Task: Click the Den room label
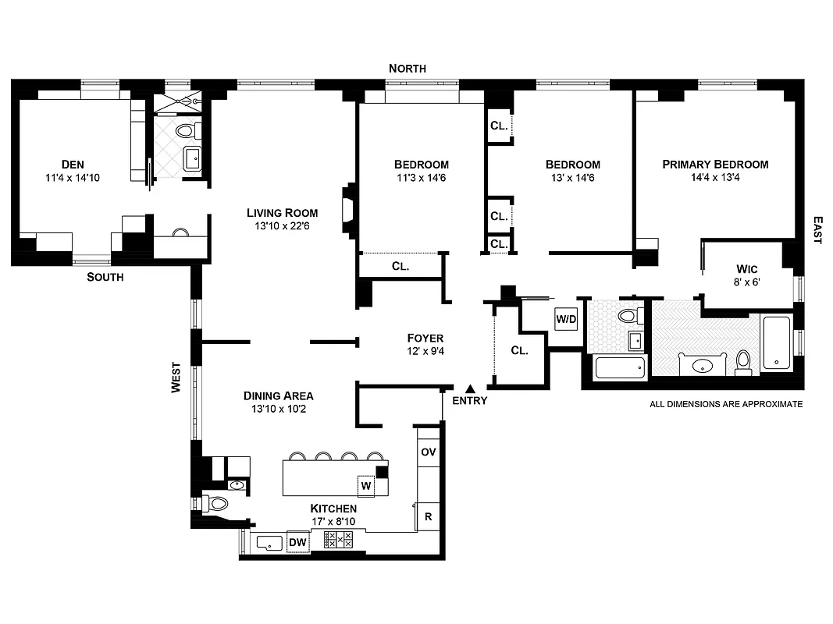pyautogui.click(x=72, y=165)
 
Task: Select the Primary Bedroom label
pyautogui.click(x=715, y=165)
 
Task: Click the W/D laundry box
pyautogui.click(x=565, y=319)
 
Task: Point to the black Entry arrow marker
pyautogui.click(x=469, y=388)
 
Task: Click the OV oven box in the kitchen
pyautogui.click(x=428, y=452)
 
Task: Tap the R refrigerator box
pyautogui.click(x=429, y=516)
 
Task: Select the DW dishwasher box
pyautogui.click(x=297, y=542)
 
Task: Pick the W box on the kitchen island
pyautogui.click(x=365, y=485)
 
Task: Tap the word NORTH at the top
pyautogui.click(x=408, y=69)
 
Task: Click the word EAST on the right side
pyautogui.click(x=817, y=230)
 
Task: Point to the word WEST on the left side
pyautogui.click(x=176, y=378)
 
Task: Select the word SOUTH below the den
pyautogui.click(x=105, y=277)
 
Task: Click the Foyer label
pyautogui.click(x=425, y=339)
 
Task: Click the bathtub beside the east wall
pyautogui.click(x=776, y=342)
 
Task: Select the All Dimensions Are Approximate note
pyautogui.click(x=726, y=404)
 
